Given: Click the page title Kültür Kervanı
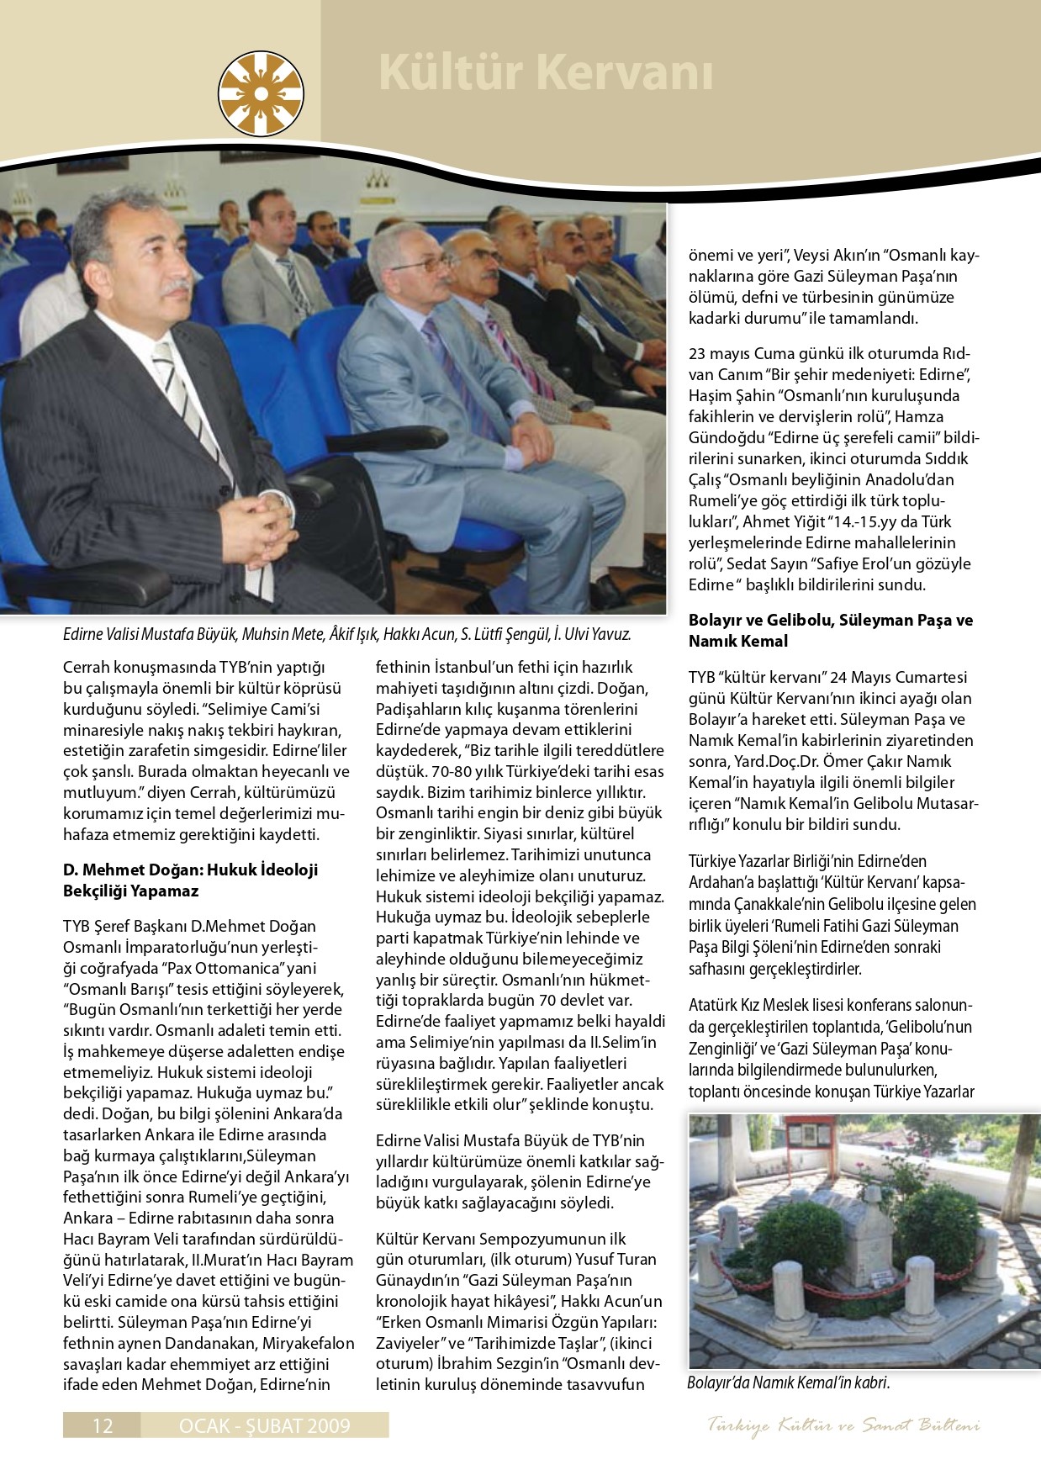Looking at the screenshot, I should click(545, 72).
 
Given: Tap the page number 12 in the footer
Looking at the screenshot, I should click(103, 1425).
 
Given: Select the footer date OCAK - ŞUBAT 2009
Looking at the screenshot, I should click(265, 1425).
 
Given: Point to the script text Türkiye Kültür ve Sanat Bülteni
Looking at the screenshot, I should click(843, 1425).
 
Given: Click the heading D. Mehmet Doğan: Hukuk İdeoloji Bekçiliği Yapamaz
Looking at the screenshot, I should click(190, 880).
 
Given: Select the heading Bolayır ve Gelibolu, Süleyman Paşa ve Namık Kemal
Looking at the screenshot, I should click(830, 630).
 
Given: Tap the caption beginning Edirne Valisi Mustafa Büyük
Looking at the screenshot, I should click(346, 633).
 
